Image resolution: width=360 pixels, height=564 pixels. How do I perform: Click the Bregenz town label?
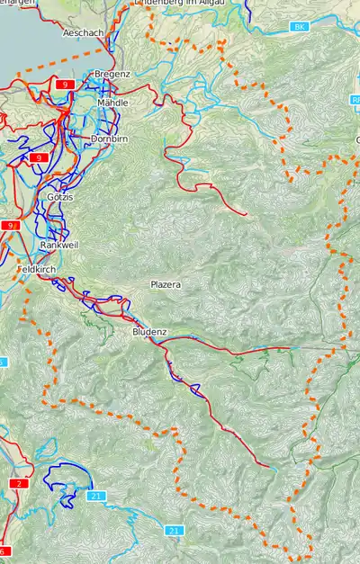click(x=112, y=73)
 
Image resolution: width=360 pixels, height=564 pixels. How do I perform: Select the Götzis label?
click(x=59, y=196)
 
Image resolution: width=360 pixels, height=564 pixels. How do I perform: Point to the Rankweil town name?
click(x=59, y=245)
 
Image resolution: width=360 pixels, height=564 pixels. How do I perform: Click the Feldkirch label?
click(x=36, y=269)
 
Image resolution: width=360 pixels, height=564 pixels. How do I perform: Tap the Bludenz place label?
click(x=149, y=332)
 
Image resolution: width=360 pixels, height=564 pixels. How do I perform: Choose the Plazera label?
click(x=166, y=284)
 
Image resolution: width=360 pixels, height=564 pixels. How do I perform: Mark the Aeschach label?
click(x=84, y=32)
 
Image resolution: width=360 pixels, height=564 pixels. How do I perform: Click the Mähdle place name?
click(x=112, y=103)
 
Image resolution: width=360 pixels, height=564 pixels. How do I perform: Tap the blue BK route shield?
click(x=299, y=28)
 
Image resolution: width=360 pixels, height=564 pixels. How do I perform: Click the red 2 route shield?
click(x=18, y=484)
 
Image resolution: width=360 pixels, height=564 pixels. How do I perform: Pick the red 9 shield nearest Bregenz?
click(x=64, y=84)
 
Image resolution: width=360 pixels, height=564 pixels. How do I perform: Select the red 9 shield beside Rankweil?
click(x=10, y=225)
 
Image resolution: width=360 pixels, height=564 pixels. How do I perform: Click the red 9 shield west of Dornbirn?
click(x=38, y=157)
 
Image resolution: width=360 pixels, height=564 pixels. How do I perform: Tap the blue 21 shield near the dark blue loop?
click(x=95, y=496)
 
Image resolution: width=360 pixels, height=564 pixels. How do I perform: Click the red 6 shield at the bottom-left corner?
click(x=4, y=551)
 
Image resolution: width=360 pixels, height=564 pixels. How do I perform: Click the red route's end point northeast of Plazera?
click(x=246, y=213)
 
